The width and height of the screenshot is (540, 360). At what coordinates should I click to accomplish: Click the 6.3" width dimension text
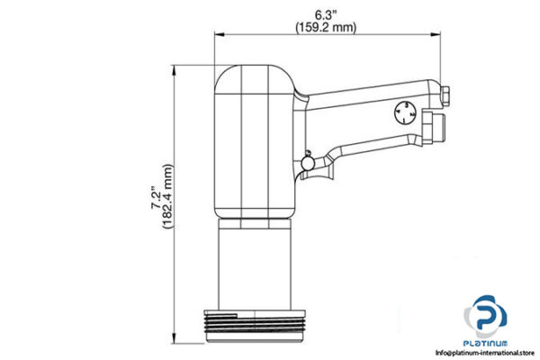coord(326,13)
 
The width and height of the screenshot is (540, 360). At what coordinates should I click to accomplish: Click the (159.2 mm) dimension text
coord(326,27)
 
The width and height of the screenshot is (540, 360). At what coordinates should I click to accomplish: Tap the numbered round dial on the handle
coord(404,113)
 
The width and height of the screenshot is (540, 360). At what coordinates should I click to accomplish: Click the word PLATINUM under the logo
coord(487,344)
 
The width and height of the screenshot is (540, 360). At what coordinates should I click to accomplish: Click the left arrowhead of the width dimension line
coord(217,37)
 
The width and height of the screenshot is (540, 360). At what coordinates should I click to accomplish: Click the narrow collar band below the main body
coord(257,220)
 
